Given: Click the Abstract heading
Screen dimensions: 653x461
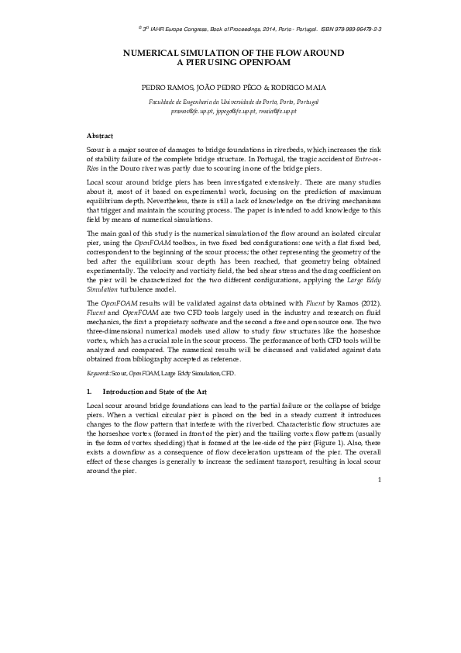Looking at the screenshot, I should point(101,136).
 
